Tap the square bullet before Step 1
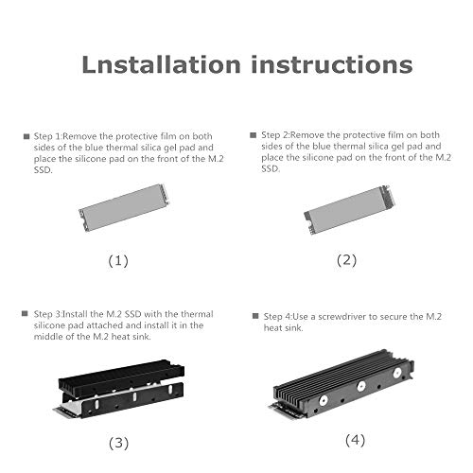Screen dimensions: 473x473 tap(26, 136)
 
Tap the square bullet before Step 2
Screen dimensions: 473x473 tap(252, 135)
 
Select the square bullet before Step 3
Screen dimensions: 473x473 tap(26, 313)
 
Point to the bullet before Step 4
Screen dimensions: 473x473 tap(254, 315)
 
